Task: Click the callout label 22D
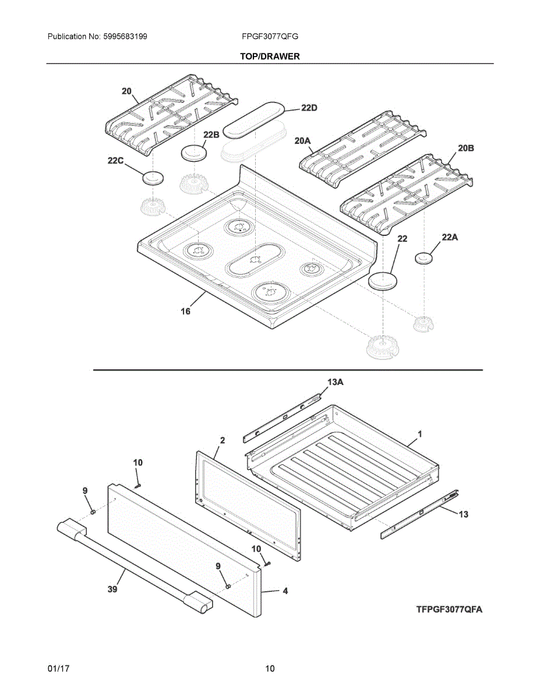(309, 108)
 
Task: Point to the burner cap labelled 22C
(153, 178)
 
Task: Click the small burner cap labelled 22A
(425, 257)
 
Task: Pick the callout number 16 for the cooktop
(185, 312)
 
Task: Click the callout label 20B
(465, 149)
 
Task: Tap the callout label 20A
(303, 140)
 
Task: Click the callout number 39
(112, 589)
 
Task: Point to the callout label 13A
(335, 382)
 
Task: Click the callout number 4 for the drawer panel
(285, 591)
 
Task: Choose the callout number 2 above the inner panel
(223, 440)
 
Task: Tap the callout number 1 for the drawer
(419, 434)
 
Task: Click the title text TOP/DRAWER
(270, 57)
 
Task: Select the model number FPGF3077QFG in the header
(270, 36)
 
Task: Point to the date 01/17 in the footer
(58, 669)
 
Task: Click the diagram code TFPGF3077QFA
(449, 610)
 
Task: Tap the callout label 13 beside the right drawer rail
(463, 514)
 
